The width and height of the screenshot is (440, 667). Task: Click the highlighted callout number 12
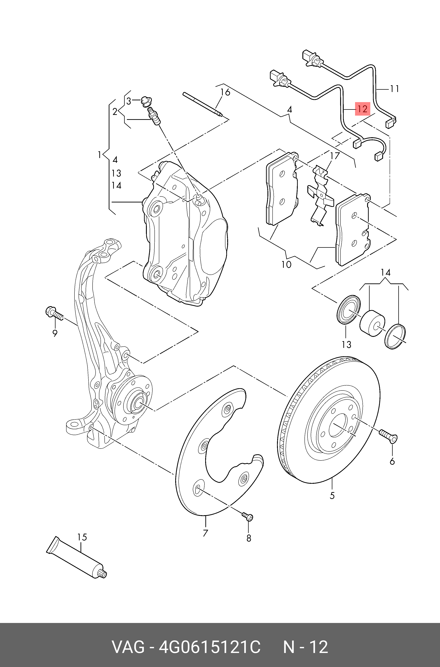click(x=362, y=109)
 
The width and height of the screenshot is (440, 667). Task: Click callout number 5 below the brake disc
click(x=332, y=495)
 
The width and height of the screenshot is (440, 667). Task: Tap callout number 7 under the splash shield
click(x=205, y=533)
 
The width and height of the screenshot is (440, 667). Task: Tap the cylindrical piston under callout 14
click(x=372, y=323)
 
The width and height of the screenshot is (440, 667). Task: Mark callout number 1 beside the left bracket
click(x=99, y=154)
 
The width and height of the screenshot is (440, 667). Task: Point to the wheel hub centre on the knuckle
click(x=137, y=404)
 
